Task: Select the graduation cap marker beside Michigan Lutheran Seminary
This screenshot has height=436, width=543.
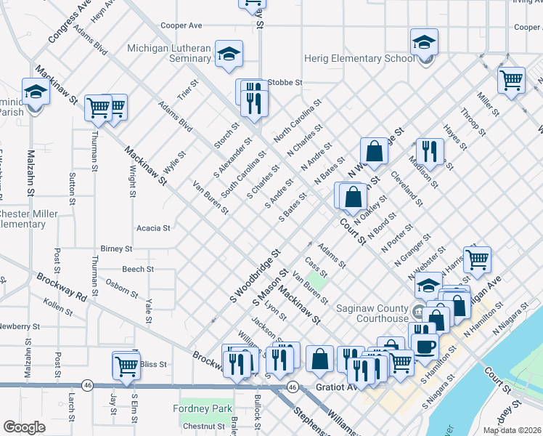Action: point(229,54)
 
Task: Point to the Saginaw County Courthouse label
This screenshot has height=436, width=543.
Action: point(372,313)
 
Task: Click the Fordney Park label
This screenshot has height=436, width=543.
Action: point(206,408)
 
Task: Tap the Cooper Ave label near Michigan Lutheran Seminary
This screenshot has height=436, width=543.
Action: point(181,25)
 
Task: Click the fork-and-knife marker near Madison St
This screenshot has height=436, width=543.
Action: point(429,152)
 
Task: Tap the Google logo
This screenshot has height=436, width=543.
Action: point(24,427)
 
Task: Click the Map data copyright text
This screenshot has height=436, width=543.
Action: point(512,430)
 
